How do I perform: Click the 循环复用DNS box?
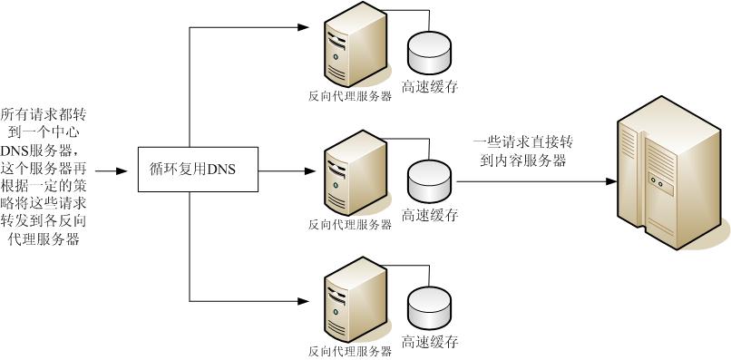190,168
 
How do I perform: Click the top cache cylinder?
430,55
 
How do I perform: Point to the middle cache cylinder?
430,180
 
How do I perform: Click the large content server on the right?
670,178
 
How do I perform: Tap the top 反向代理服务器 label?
350,95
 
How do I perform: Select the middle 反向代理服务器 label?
350,224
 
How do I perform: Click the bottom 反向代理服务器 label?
350,350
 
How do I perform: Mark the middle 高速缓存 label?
430,216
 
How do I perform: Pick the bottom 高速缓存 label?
430,343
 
